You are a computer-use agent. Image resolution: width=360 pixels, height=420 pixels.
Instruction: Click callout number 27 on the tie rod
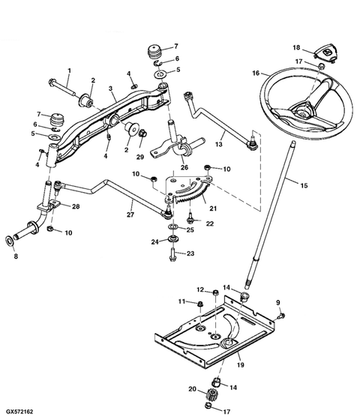pos(132,220)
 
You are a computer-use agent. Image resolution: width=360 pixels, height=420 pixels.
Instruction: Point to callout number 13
pos(219,143)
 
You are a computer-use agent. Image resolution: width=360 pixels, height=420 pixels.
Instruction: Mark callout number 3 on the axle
pos(110,88)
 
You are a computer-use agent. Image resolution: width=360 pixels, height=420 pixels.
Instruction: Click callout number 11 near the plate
pos(180,301)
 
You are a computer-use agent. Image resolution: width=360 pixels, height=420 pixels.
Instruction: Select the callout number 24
pos(155,241)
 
